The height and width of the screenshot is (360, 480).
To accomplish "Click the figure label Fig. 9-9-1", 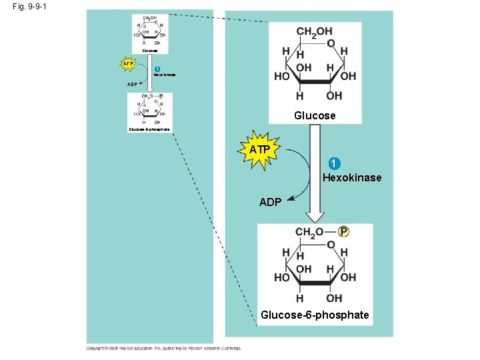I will point(29,7).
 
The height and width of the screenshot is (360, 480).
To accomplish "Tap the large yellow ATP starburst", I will point(260,151).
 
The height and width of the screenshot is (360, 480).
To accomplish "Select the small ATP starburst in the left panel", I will point(129,64).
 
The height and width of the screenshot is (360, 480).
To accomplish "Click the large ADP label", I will point(270,202).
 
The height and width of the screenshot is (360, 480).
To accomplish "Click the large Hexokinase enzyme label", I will point(352,177).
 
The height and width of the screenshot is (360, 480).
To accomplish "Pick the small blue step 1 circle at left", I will point(157,70).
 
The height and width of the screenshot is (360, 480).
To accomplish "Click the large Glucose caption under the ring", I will point(315,115).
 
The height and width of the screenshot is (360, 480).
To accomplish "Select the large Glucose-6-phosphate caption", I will point(315,314).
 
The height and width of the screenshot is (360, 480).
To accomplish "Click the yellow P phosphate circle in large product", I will point(343,231).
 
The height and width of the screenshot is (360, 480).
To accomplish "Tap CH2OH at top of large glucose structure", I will point(314,31).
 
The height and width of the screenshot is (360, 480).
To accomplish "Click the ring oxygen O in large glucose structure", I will point(331,43).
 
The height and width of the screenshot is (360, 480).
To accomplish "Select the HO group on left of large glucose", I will point(281,75).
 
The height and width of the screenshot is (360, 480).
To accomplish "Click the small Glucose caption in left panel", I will point(150,50).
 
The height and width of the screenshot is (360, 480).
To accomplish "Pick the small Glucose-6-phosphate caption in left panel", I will point(151,129).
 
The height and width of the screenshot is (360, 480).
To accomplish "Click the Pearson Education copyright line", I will point(163,347).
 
